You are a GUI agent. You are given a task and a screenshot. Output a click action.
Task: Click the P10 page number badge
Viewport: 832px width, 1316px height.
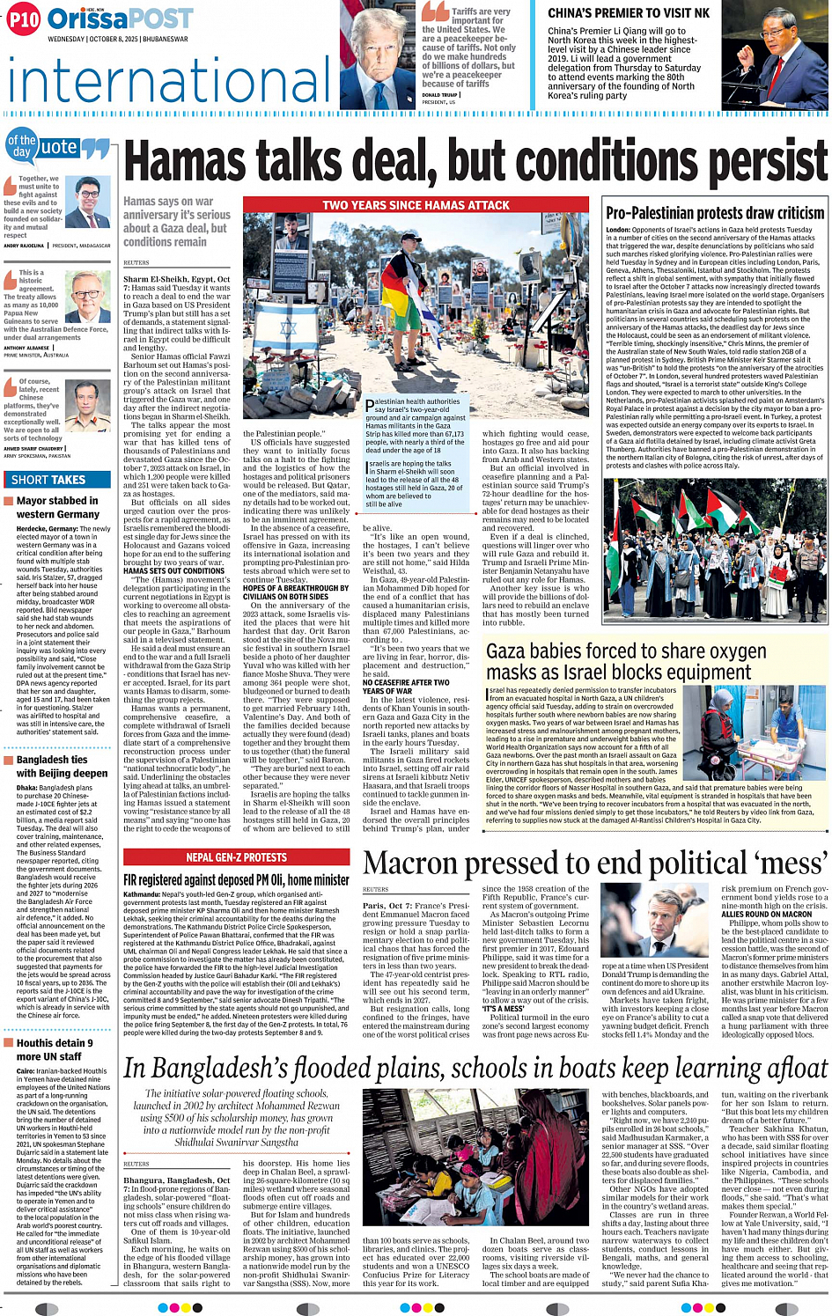click(24, 19)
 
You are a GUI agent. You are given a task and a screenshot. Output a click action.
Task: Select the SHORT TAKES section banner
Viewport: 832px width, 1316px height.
click(48, 480)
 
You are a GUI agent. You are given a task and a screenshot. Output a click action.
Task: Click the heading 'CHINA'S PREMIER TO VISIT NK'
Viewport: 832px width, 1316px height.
click(629, 13)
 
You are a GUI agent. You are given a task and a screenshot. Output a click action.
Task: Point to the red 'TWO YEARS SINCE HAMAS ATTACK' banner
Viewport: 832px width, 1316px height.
click(416, 205)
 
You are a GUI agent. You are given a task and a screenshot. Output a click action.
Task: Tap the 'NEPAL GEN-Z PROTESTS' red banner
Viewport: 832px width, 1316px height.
click(236, 857)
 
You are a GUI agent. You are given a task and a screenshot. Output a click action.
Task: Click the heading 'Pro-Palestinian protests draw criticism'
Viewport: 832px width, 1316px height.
click(715, 213)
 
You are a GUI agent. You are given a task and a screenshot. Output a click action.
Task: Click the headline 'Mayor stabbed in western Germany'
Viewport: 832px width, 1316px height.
click(58, 507)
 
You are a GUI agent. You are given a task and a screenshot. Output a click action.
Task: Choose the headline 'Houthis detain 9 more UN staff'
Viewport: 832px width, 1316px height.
click(55, 1049)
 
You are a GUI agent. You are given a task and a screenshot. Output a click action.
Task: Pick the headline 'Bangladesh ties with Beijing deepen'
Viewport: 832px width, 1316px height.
click(62, 766)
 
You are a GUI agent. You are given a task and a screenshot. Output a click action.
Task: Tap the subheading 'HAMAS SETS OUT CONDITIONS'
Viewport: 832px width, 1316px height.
click(174, 570)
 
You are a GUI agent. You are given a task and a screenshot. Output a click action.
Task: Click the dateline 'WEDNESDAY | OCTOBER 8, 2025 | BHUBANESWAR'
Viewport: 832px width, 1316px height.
click(117, 40)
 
